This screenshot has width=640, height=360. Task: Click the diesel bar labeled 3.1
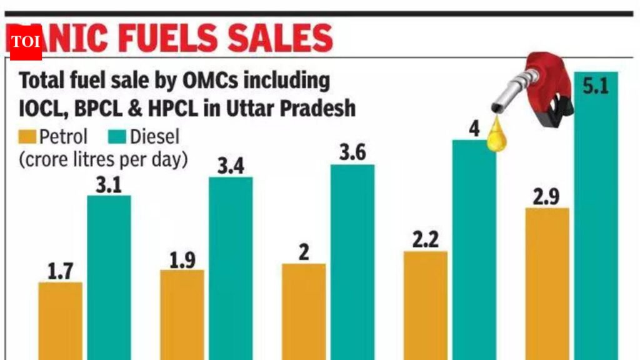[x=109, y=278]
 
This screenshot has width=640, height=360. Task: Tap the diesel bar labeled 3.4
[x=231, y=269]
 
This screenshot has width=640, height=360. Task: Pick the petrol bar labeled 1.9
[x=182, y=315]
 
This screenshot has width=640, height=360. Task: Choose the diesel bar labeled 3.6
[x=352, y=262]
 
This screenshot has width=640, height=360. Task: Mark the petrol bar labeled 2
[x=304, y=312]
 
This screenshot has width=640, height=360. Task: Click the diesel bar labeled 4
[x=474, y=250]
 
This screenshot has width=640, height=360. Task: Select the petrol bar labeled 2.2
[x=426, y=306]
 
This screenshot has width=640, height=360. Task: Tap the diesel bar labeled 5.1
[x=596, y=216]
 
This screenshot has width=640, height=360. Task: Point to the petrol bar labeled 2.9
[x=547, y=284]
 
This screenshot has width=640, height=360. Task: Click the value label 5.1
[x=595, y=86]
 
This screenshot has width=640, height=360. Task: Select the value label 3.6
[x=352, y=152]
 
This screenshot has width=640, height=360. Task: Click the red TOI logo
[x=25, y=43]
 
